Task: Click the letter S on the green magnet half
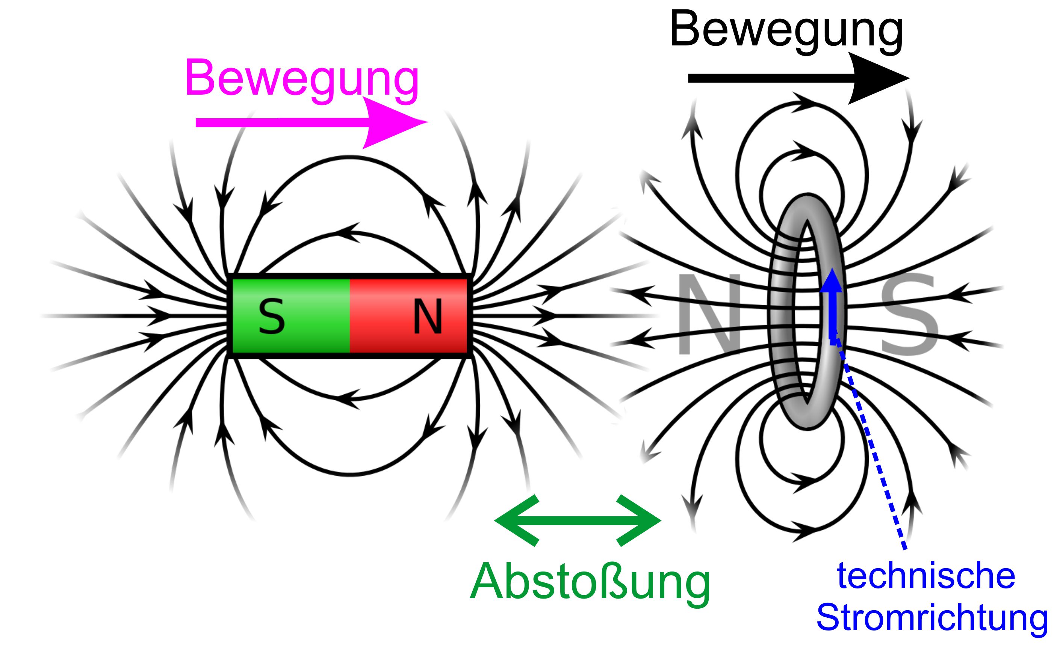click(272, 317)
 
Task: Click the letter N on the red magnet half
click(428, 317)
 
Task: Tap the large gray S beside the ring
click(909, 315)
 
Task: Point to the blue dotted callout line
click(869, 445)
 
